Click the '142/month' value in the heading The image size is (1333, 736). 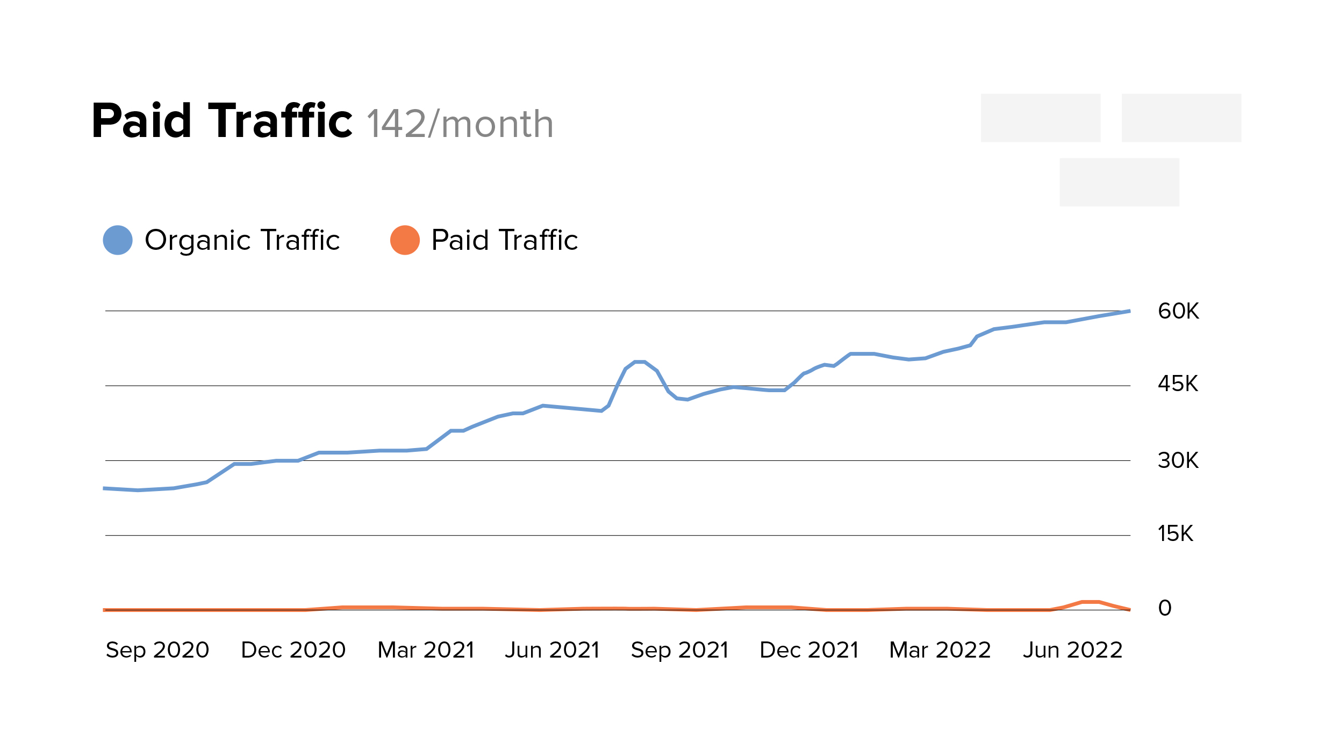[460, 124]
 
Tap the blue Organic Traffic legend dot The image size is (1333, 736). [118, 240]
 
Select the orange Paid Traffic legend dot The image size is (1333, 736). [405, 240]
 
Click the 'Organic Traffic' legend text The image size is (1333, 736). [242, 240]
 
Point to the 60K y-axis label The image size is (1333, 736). [1178, 311]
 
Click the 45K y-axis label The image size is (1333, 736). [1178, 384]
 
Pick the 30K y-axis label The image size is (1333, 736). [1178, 460]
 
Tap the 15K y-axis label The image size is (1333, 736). [1175, 533]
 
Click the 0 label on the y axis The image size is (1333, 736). [1165, 608]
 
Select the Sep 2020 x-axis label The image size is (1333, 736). [157, 650]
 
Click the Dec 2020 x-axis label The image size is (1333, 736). [293, 650]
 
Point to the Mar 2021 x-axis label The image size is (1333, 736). [426, 650]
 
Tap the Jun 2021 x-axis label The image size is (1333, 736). [552, 650]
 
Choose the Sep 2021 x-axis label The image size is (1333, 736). [679, 650]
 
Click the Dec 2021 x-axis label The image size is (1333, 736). [809, 650]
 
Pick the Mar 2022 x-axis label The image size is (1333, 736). [940, 650]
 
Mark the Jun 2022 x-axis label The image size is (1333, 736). [1073, 650]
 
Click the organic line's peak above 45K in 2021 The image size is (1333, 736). [640, 362]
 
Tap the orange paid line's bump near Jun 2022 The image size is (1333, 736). [1090, 602]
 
